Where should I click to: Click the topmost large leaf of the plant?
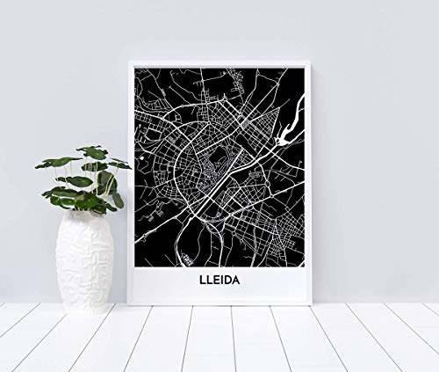(92, 152)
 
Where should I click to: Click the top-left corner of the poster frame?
(129, 61)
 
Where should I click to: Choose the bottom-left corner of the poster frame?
(129, 304)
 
